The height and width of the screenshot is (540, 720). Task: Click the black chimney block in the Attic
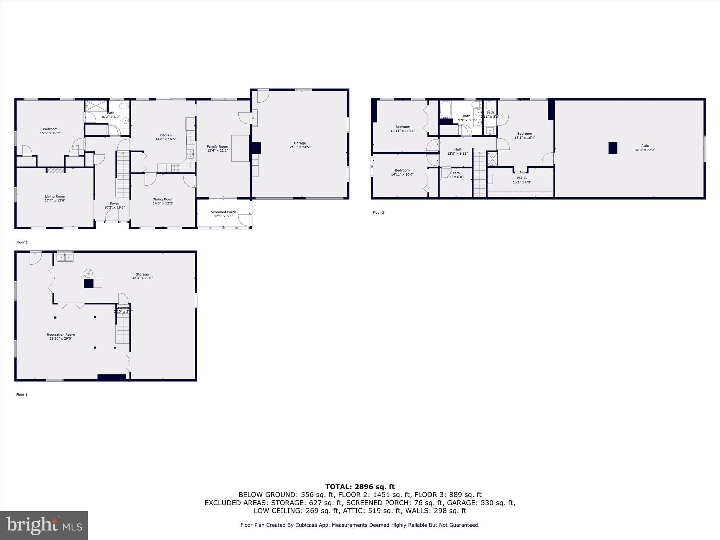613,148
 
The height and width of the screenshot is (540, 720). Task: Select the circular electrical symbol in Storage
88,273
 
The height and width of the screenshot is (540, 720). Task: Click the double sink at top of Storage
65,257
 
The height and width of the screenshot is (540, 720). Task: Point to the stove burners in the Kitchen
176,168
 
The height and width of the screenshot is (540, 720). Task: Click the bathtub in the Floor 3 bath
445,110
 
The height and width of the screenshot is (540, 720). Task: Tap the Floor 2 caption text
22,242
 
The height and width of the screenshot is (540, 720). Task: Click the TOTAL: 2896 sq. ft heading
360,487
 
